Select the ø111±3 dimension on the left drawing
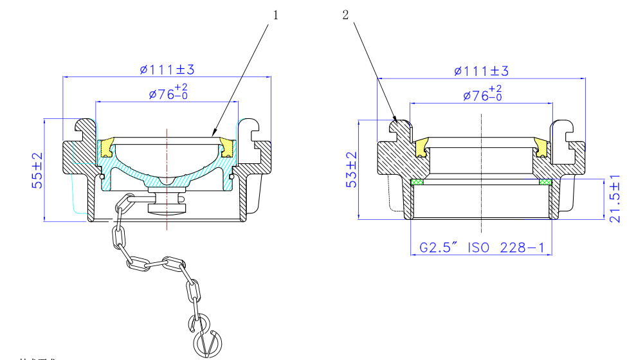(167, 69)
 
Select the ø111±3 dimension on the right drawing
(481, 70)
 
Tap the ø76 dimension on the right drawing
(482, 94)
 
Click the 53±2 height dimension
(351, 169)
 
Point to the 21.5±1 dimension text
(615, 199)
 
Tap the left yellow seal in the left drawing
(107, 147)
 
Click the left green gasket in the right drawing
(417, 182)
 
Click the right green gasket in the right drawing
(545, 182)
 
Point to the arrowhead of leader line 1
(214, 135)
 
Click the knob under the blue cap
(167, 204)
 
